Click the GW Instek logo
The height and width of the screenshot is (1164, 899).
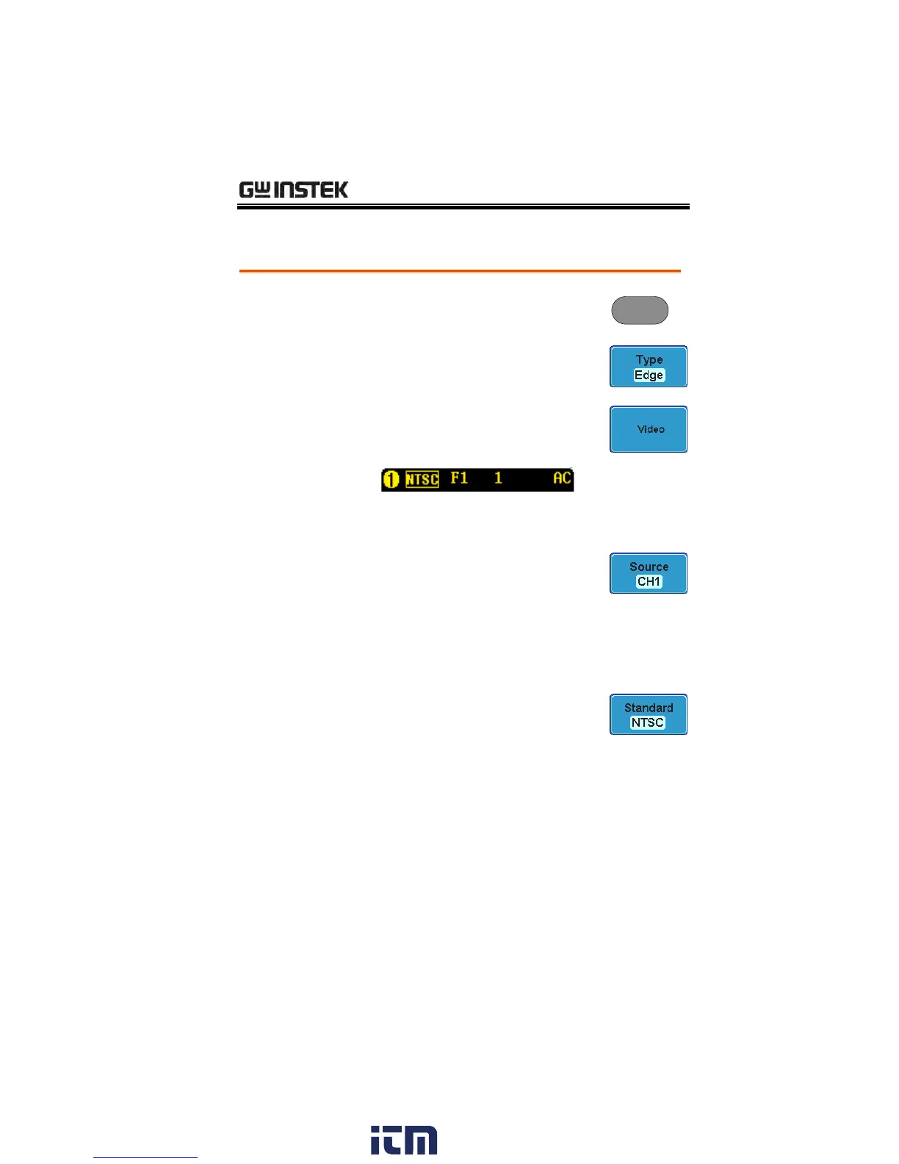(x=294, y=190)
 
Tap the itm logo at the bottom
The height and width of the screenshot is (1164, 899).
(x=403, y=1140)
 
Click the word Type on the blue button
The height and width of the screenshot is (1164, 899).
(x=649, y=359)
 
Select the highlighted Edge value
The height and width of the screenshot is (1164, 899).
(x=649, y=376)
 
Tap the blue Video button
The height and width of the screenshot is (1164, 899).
(x=649, y=429)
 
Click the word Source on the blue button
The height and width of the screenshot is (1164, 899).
(x=649, y=567)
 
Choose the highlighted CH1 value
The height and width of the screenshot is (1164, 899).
(x=649, y=581)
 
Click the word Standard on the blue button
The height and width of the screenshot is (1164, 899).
(x=649, y=708)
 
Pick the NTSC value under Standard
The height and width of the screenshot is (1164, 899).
(x=648, y=722)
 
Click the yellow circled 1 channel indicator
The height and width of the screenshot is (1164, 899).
(x=391, y=480)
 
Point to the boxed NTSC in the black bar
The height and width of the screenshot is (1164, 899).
(x=422, y=480)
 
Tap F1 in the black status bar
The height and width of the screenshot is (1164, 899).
(x=459, y=478)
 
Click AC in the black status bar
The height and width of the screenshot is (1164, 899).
(x=562, y=478)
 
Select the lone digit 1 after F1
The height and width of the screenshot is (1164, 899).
(x=498, y=478)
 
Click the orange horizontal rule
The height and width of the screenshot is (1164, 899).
(x=460, y=271)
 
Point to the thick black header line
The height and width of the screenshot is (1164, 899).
(x=463, y=207)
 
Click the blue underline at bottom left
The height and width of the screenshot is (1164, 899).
(x=145, y=1157)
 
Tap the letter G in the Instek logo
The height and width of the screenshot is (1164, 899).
(x=247, y=190)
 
